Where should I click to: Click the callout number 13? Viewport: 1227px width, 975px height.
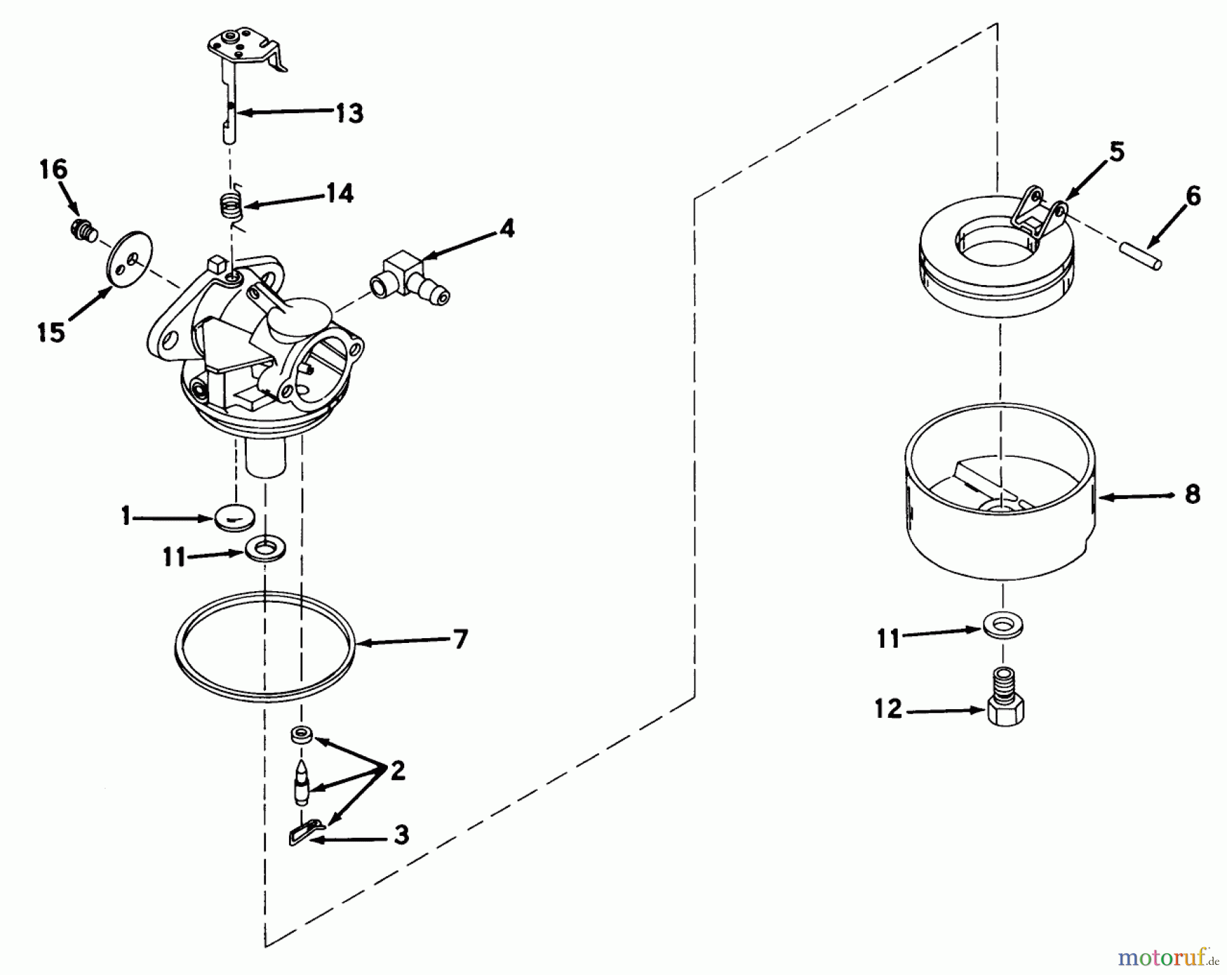[x=348, y=112]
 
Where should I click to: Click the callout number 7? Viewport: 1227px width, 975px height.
[x=460, y=639]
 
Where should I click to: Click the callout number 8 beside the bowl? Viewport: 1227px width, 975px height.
[x=1192, y=494]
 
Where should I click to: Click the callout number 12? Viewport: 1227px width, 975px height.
[x=888, y=709]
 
